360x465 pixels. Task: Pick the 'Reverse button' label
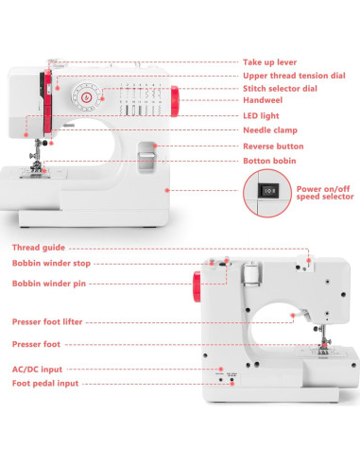(x=273, y=146)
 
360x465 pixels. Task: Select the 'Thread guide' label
(x=39, y=248)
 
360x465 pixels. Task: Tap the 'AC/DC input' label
(x=37, y=370)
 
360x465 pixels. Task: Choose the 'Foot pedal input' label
(x=44, y=384)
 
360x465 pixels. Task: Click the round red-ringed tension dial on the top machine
(x=87, y=96)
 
